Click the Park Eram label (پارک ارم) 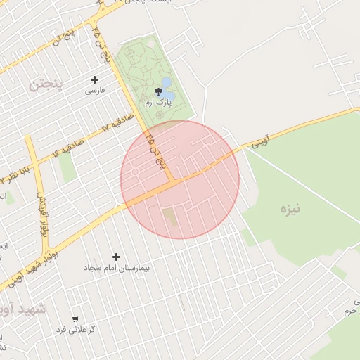(157, 103)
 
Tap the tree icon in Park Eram (157, 91)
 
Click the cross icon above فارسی (95, 79)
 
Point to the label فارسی (95, 91)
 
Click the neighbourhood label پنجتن (46, 84)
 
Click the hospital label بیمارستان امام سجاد (117, 268)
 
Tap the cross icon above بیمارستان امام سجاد (117, 257)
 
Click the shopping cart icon (75, 319)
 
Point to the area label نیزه (290, 209)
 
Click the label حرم (350, 310)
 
